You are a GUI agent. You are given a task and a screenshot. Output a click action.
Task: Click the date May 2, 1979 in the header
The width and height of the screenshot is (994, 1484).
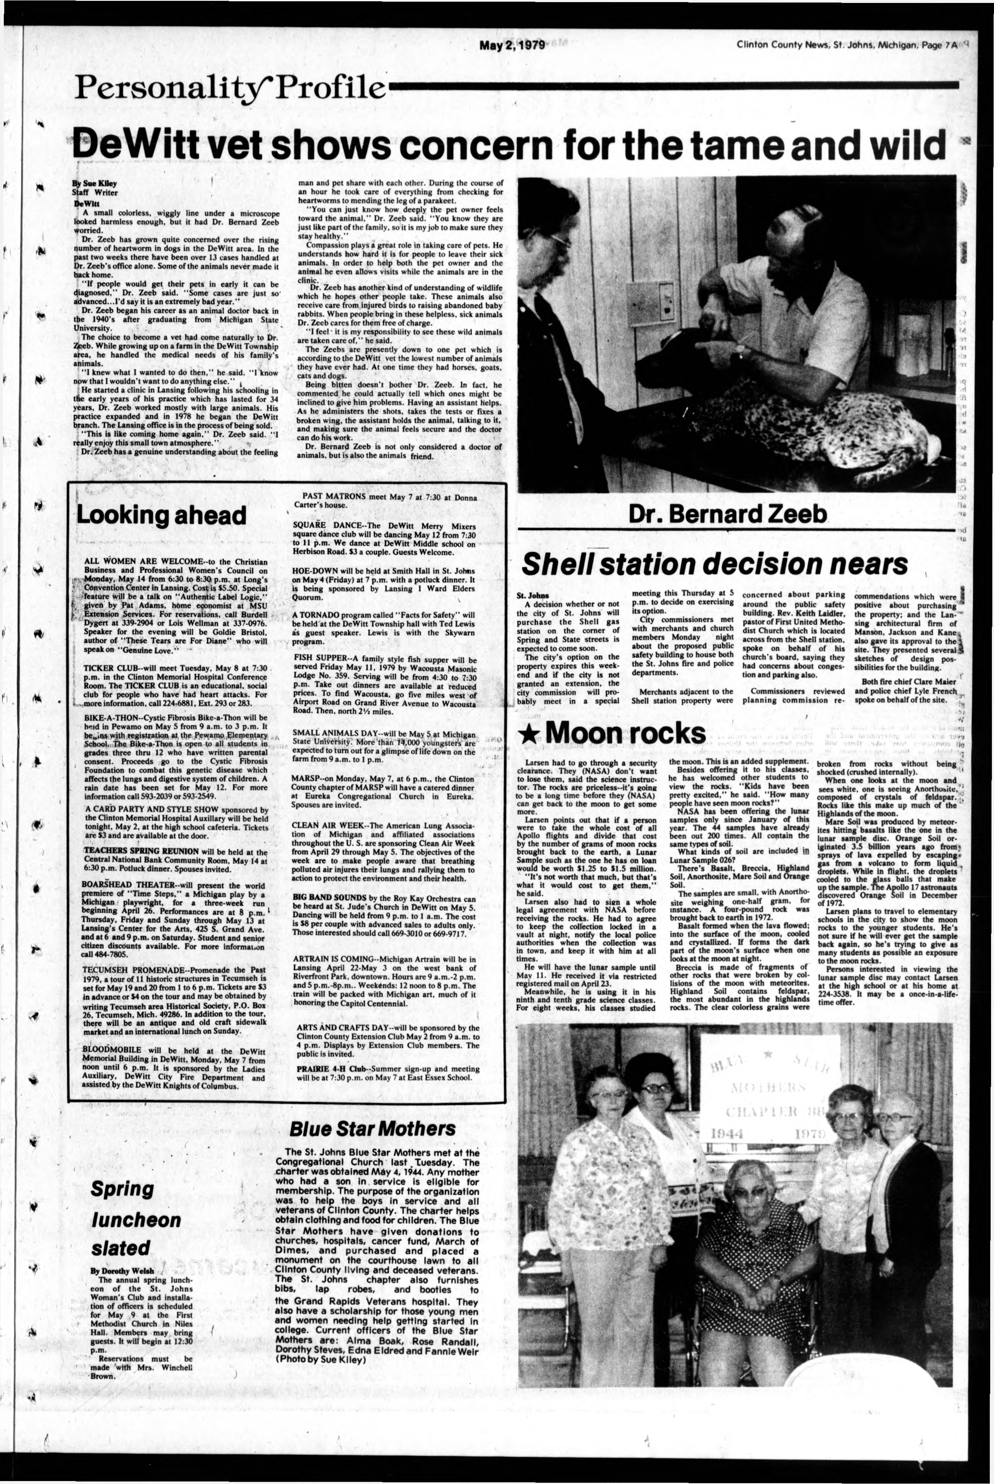[x=512, y=46]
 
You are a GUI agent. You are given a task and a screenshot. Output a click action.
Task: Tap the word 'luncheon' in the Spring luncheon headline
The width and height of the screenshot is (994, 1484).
[x=135, y=1220]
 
